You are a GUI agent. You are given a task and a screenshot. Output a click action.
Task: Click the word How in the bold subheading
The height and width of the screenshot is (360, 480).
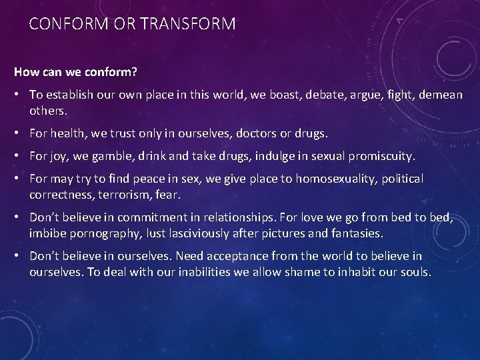click(x=25, y=70)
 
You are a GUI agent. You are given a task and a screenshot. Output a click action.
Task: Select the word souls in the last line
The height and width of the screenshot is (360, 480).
click(x=415, y=272)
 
